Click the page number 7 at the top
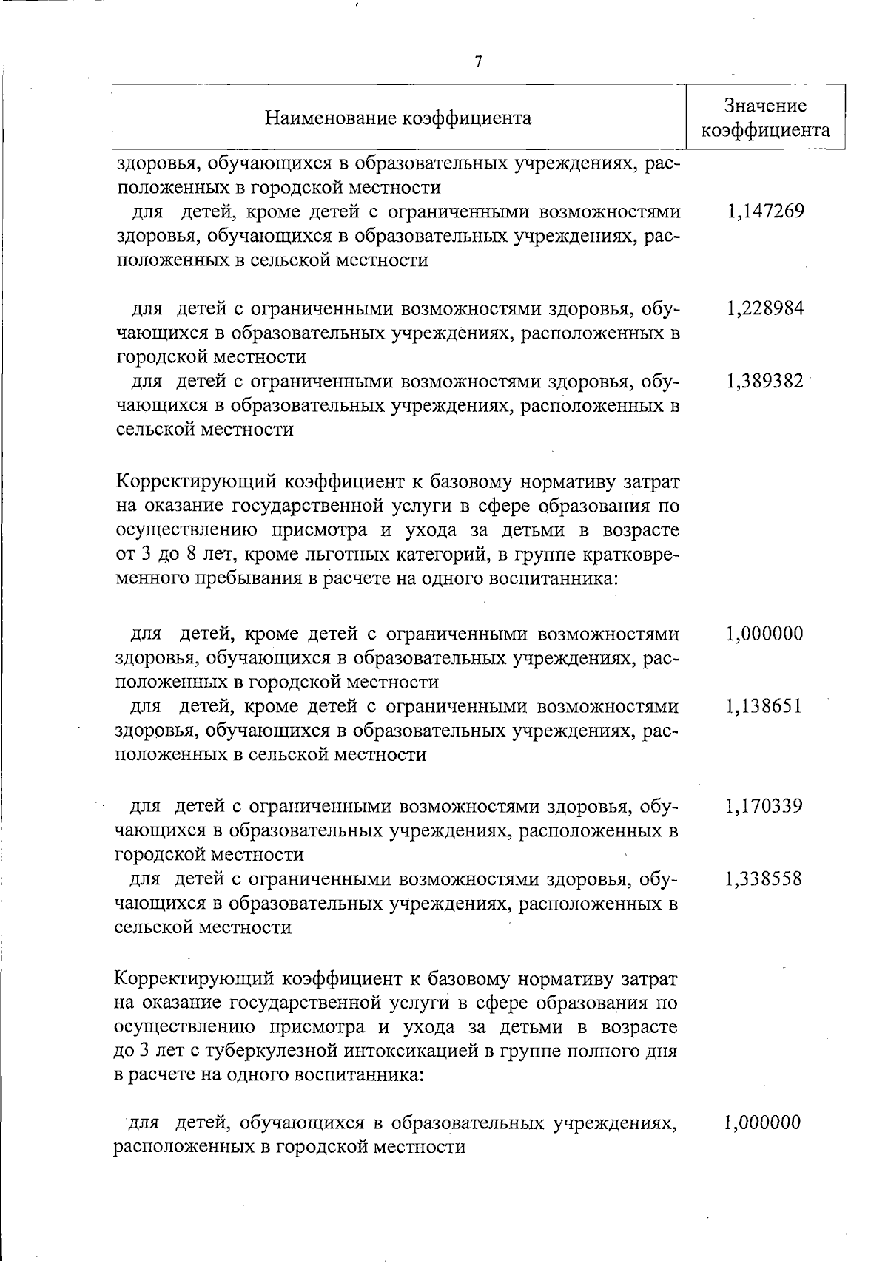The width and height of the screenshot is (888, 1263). point(478,62)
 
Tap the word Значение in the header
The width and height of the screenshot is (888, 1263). point(765,106)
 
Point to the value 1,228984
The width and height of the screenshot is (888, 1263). point(765,308)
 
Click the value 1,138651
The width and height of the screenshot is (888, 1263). point(764,706)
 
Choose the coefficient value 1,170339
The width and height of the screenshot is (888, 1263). point(764,806)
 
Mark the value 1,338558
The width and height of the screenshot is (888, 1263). point(764,878)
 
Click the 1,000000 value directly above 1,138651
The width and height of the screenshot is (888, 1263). point(764,634)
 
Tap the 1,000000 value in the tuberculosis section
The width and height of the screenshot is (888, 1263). point(762,1123)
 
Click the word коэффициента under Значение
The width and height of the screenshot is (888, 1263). point(765,131)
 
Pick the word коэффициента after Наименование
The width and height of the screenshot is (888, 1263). point(474,118)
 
